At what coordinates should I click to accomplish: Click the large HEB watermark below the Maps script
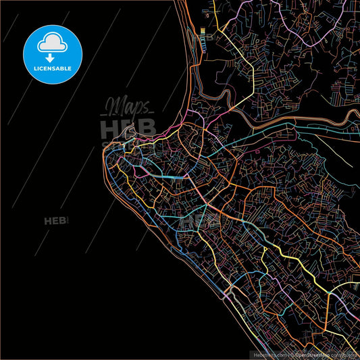click(x=128, y=128)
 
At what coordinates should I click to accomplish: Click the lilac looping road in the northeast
click(x=317, y=41)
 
